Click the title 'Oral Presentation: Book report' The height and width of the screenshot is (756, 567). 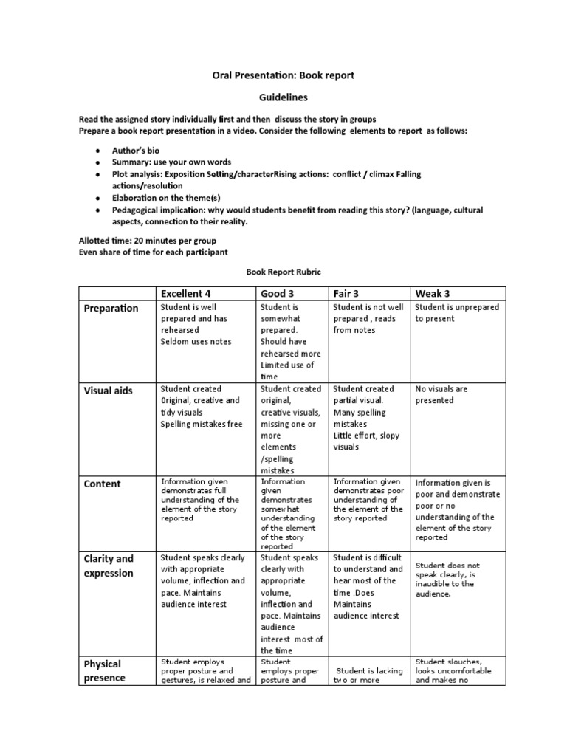(x=283, y=75)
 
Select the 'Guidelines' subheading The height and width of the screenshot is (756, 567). (x=283, y=97)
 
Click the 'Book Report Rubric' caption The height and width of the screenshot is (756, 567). (x=283, y=272)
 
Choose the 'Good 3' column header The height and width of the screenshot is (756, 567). (x=278, y=293)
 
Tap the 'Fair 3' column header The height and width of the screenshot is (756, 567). (x=346, y=293)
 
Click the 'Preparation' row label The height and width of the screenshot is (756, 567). (x=111, y=308)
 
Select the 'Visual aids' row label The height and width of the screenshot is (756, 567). (x=108, y=390)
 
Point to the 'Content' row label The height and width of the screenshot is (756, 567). (x=102, y=484)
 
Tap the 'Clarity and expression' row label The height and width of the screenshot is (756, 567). (x=109, y=566)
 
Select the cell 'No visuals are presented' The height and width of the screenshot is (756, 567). (x=441, y=394)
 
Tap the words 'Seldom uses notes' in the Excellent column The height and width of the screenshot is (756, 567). (x=196, y=341)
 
